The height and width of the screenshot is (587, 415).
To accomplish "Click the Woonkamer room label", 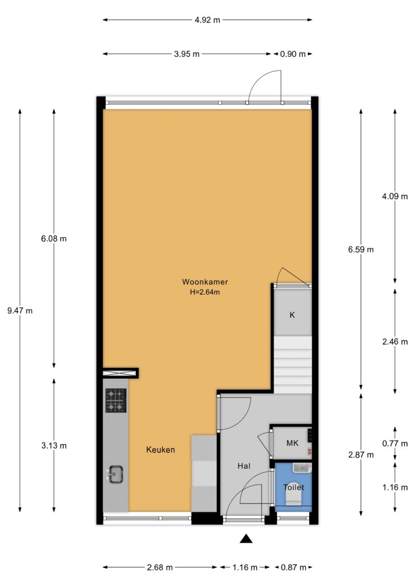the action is point(205,282).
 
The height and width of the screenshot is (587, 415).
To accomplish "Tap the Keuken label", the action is point(160,449).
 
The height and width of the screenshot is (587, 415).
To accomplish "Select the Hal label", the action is point(244,466).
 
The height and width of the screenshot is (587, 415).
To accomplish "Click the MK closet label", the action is point(292,443).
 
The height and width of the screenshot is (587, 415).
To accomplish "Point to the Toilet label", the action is point(294,487).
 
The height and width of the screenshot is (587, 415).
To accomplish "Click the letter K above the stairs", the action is point(292,315).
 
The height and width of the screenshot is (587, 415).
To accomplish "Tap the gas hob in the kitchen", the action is point(115,400).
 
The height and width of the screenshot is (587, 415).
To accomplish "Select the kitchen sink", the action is point(115,474).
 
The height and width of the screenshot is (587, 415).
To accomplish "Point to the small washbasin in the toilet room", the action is point(302,468).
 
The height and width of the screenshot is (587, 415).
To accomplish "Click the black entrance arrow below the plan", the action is point(246,538).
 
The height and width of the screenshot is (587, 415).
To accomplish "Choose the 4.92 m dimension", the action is point(208,20).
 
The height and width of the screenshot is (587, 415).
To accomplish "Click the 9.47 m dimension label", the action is point(20,311).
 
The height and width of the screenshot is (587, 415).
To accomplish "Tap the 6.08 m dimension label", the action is point(54,238).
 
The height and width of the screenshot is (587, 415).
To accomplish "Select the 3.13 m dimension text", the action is point(54,445).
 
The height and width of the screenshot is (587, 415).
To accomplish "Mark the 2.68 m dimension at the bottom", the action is point(160,568).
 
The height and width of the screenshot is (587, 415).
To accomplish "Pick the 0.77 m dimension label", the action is point(395,444).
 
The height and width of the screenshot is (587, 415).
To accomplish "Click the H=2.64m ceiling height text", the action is point(205,292).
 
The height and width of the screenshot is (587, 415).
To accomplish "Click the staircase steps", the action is point(293,365).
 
